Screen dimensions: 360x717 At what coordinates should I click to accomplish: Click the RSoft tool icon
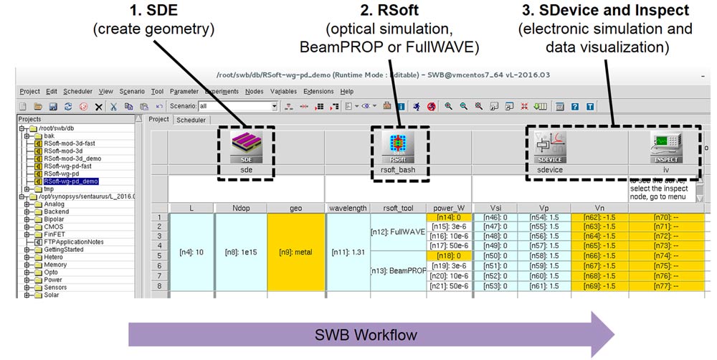click(x=398, y=147)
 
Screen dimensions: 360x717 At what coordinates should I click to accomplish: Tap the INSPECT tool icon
click(x=665, y=147)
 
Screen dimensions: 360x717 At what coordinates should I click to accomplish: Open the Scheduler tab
click(x=191, y=120)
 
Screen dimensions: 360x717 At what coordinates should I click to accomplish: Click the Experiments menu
click(x=222, y=91)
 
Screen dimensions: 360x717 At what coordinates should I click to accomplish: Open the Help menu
click(x=347, y=91)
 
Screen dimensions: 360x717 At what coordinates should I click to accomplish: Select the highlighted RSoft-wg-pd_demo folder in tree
click(x=70, y=181)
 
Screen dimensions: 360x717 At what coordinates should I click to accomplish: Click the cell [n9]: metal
click(x=295, y=252)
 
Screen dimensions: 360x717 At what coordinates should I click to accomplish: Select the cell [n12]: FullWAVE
click(x=398, y=231)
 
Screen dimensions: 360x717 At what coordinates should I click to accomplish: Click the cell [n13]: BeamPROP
click(x=398, y=271)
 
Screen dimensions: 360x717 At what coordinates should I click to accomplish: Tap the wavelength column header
click(x=348, y=208)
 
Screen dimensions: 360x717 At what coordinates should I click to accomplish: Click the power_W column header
click(x=449, y=208)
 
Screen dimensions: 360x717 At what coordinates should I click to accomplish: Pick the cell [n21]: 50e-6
click(x=449, y=286)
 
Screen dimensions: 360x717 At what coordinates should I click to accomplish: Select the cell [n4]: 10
click(x=191, y=252)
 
